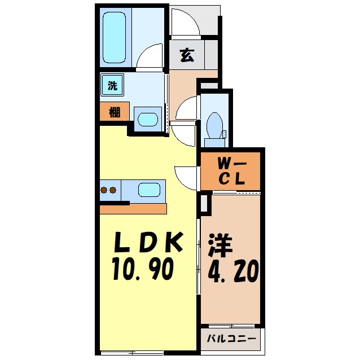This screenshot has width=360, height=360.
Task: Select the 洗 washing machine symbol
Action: click(x=112, y=86)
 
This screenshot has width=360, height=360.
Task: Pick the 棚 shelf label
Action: click(x=115, y=111)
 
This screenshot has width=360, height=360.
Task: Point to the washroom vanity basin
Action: click(x=148, y=119)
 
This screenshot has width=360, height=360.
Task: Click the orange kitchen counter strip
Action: click(x=133, y=208)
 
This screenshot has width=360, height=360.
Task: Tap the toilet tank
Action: click(x=223, y=134)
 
